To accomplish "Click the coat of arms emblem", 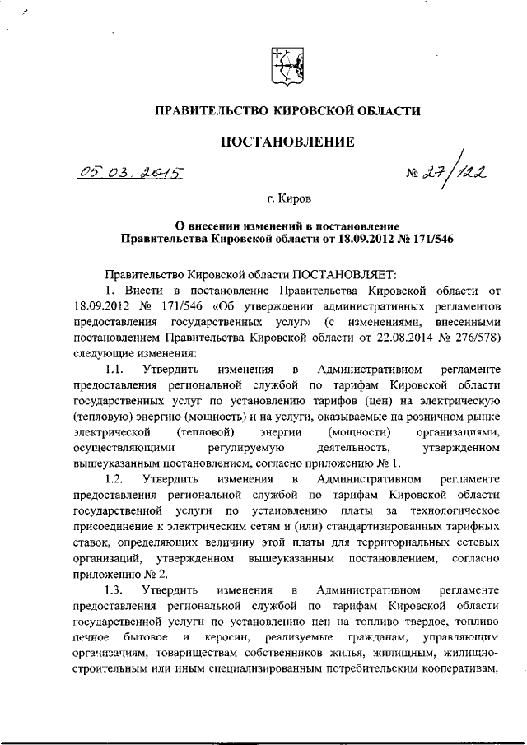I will click(x=286, y=63).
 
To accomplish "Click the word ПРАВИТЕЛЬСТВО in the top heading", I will click(x=212, y=109).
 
